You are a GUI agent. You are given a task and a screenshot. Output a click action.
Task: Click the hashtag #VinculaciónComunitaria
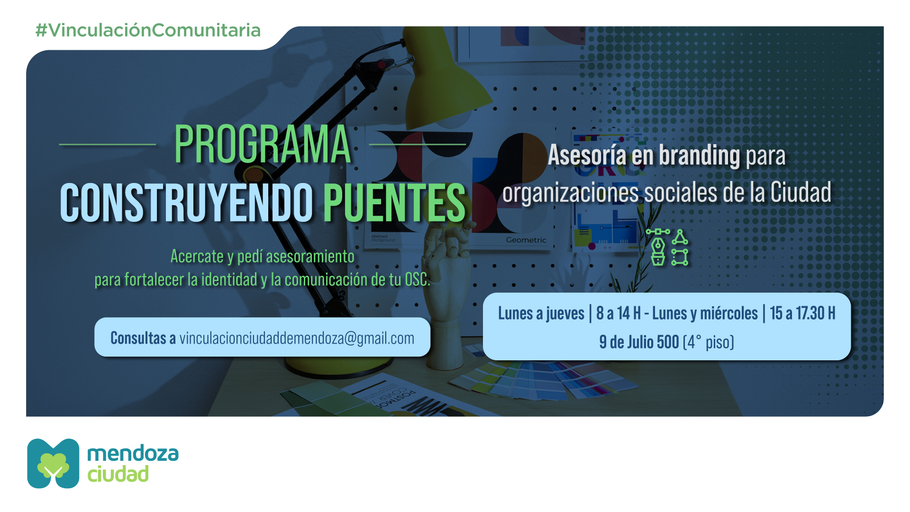148,30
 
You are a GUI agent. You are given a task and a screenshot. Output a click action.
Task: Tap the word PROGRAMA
263,144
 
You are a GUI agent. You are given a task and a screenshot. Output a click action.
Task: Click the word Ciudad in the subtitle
801,192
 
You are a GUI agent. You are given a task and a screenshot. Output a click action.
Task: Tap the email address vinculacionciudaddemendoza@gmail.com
297,338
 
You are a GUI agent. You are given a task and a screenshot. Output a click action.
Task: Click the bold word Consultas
138,338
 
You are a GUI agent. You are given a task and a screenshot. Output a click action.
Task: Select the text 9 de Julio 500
639,342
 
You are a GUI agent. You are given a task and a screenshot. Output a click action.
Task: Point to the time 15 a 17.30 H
802,313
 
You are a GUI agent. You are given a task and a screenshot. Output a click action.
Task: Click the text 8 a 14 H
619,313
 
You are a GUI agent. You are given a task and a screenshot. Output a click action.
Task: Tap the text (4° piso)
709,342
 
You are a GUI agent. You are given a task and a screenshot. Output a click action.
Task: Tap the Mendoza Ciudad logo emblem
53,463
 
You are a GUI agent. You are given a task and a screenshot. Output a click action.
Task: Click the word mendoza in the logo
133,453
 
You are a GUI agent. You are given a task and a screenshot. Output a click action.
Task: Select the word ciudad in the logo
118,474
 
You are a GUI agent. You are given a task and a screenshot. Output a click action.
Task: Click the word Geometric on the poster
526,240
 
